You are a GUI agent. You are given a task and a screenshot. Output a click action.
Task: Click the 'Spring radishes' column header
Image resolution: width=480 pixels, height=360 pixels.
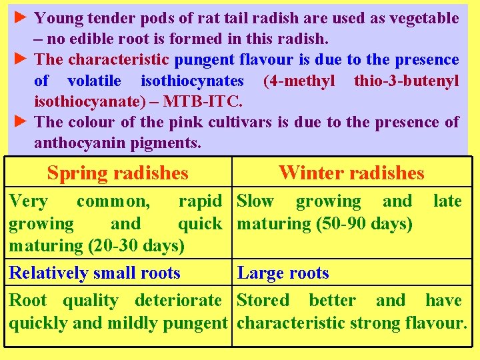point(118,173)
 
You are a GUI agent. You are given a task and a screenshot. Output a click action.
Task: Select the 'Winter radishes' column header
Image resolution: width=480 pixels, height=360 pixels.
point(351,173)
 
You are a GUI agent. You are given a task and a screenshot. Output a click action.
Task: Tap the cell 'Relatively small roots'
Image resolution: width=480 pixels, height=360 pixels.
point(95,273)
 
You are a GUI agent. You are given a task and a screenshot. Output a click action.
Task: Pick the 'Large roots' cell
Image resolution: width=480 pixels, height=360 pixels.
point(283,273)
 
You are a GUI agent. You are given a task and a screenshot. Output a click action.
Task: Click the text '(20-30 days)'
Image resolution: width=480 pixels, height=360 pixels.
point(136,245)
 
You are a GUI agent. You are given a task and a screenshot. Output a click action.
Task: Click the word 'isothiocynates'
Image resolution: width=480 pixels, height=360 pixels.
point(193,81)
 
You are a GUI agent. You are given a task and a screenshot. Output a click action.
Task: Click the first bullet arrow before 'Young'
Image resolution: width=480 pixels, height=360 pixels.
point(21,17)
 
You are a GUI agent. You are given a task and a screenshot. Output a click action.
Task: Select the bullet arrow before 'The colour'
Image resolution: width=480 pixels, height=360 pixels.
point(21,121)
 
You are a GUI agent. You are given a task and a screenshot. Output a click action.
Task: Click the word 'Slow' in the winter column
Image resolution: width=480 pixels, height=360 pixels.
point(256,201)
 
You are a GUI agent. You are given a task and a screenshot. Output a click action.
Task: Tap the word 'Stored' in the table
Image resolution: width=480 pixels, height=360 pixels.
point(263,300)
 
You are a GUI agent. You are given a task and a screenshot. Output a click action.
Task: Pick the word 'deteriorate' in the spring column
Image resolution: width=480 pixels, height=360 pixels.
point(178,300)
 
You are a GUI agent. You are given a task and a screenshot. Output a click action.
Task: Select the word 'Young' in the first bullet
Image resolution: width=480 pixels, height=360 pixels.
point(57,18)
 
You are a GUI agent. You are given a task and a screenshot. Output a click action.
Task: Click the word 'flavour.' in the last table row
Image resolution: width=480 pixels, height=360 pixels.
point(436,323)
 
